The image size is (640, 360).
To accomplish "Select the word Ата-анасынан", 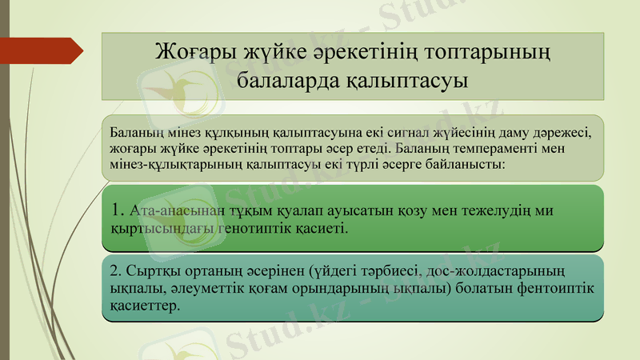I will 170,210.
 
